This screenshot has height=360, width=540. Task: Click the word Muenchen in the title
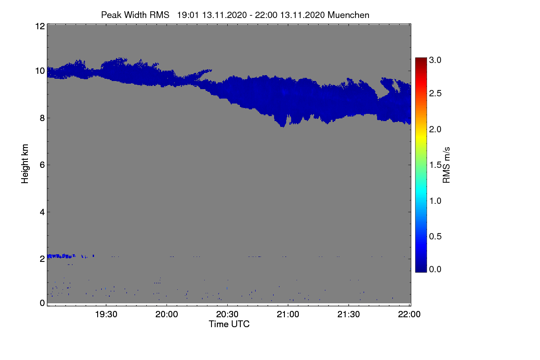pyautogui.click(x=348, y=15)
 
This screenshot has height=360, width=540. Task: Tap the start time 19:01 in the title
pyautogui.click(x=188, y=15)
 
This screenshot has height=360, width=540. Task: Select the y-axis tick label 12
pyautogui.click(x=40, y=26)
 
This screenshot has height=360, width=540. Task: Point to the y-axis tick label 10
pyautogui.click(x=40, y=71)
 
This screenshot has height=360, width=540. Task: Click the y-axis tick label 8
pyautogui.click(x=42, y=118)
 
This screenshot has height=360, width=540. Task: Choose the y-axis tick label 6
pyautogui.click(x=42, y=165)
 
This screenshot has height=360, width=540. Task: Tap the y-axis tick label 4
pyautogui.click(x=42, y=212)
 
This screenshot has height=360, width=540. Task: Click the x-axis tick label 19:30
pyautogui.click(x=106, y=314)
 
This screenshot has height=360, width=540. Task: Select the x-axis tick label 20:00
pyautogui.click(x=166, y=314)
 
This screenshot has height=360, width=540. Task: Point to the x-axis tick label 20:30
pyautogui.click(x=227, y=314)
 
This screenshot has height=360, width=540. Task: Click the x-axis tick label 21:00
pyautogui.click(x=288, y=314)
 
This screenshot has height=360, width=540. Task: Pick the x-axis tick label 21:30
pyautogui.click(x=348, y=314)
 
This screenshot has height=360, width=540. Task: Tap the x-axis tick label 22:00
pyautogui.click(x=409, y=314)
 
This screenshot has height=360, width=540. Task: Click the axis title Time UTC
pyautogui.click(x=229, y=324)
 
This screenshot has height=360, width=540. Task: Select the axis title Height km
pyautogui.click(x=25, y=164)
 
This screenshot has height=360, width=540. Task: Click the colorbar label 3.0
pyautogui.click(x=435, y=60)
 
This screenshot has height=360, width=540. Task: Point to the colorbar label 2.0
pyautogui.click(x=435, y=130)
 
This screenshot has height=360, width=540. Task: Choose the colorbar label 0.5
pyautogui.click(x=435, y=237)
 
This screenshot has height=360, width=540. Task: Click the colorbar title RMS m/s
pyautogui.click(x=446, y=165)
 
